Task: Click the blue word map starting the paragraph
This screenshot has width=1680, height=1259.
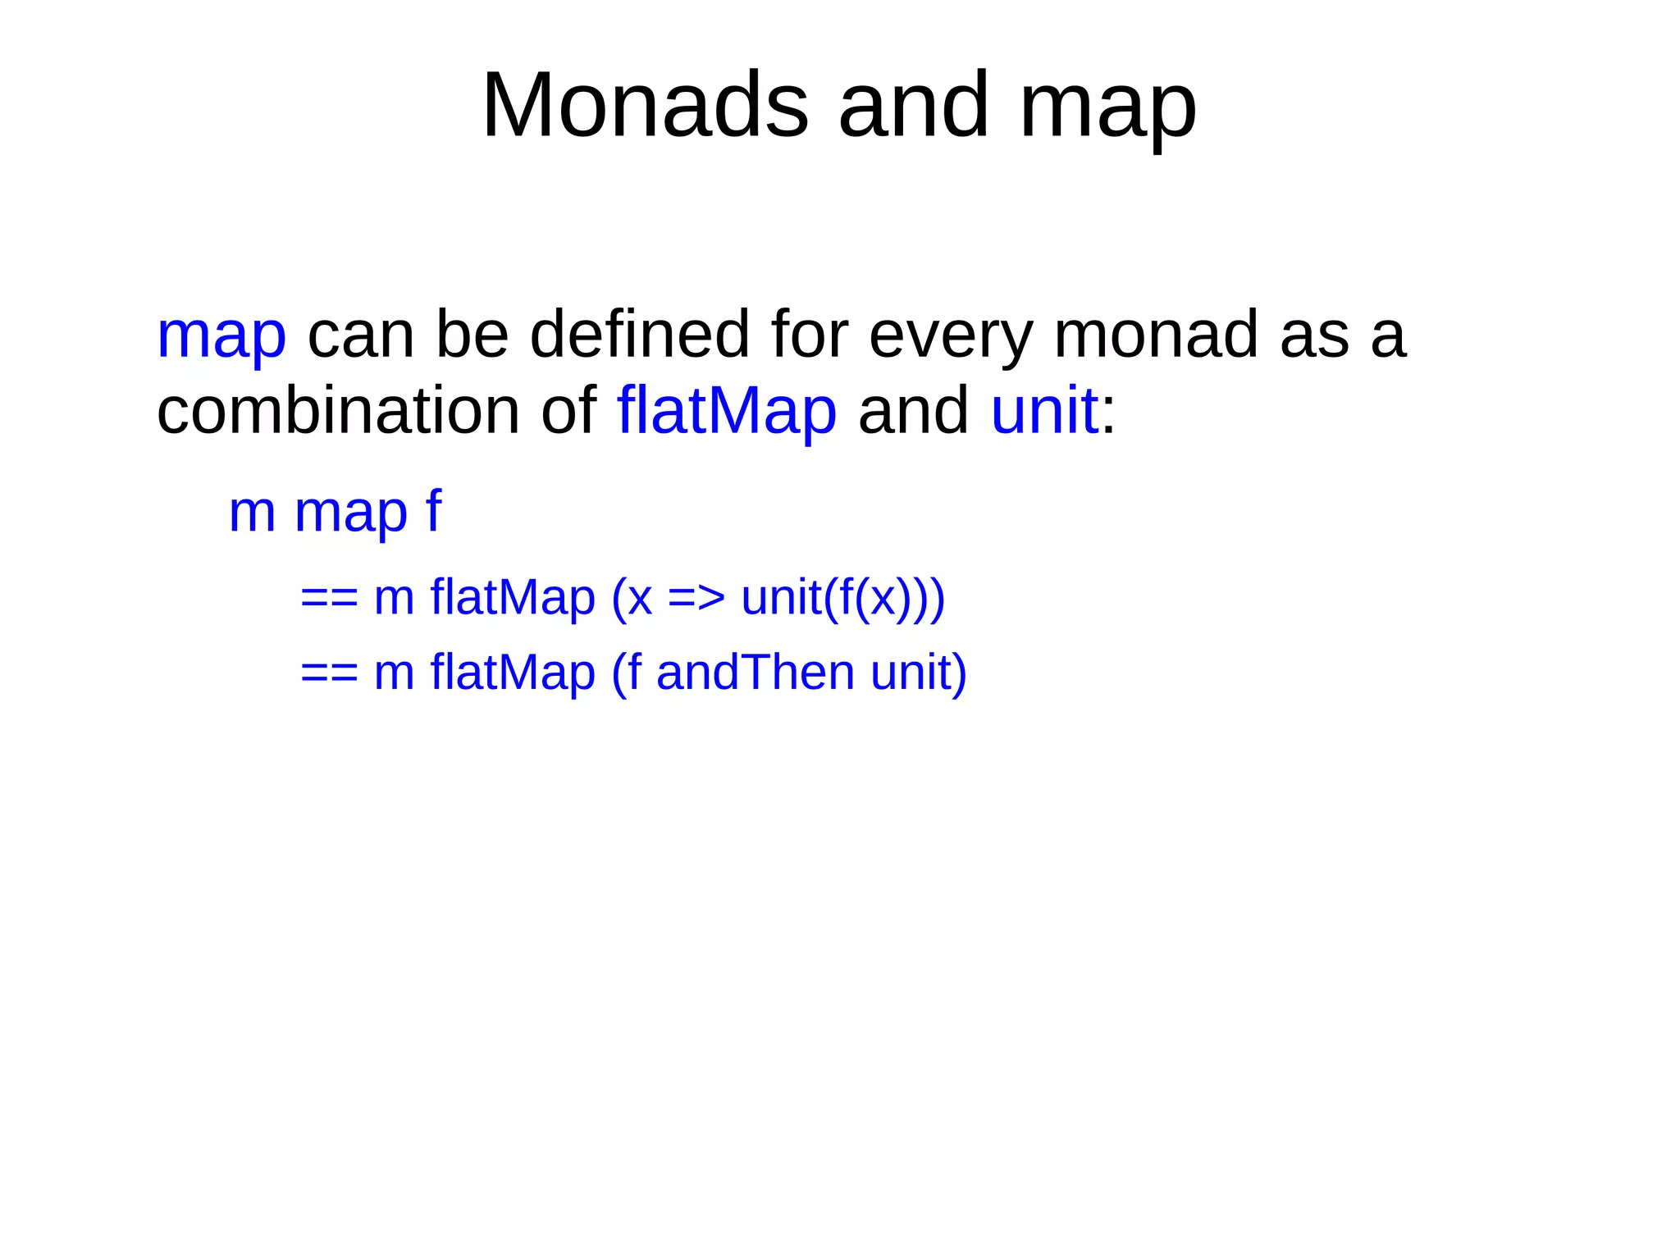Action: tap(221, 336)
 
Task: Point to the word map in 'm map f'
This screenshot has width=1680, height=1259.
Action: tap(350, 513)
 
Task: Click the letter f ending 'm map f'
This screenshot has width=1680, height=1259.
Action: tap(433, 510)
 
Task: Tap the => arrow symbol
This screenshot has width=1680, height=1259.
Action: tap(696, 597)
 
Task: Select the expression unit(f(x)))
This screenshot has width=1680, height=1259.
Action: tap(842, 597)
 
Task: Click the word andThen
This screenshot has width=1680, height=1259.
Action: tap(755, 673)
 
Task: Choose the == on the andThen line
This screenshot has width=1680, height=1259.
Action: tap(329, 673)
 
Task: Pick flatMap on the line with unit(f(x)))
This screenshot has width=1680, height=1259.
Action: tap(512, 597)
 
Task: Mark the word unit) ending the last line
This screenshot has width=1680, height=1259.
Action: tap(918, 673)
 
